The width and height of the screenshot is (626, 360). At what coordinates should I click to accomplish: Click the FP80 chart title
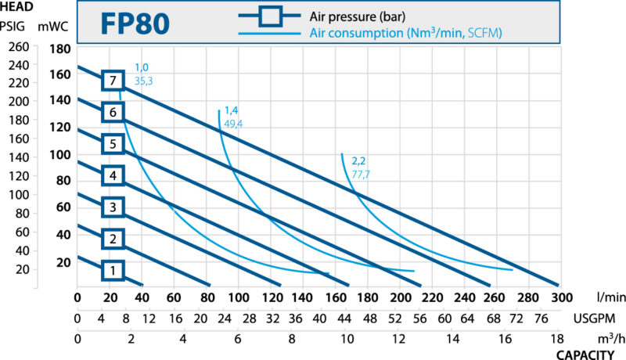tap(135, 23)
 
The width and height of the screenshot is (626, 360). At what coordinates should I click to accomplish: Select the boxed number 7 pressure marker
tap(113, 81)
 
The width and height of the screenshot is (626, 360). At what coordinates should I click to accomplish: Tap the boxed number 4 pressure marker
tap(113, 175)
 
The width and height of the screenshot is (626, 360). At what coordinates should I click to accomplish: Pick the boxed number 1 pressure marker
tap(113, 270)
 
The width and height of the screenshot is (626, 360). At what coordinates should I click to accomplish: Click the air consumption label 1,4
tap(231, 110)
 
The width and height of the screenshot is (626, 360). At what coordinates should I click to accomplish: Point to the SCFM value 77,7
tap(361, 175)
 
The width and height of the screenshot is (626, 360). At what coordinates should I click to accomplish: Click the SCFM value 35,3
tap(143, 81)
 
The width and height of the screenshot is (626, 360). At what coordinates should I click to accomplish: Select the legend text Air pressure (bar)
tap(358, 16)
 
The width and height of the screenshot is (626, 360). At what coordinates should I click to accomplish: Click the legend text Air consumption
tap(357, 33)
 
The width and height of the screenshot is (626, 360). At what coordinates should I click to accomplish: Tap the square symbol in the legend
tap(270, 16)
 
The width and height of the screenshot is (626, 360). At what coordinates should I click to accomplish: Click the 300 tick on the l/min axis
tap(561, 297)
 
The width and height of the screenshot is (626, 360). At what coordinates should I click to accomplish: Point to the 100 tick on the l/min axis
tap(239, 297)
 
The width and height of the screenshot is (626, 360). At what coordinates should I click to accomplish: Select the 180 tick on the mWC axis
tap(60, 49)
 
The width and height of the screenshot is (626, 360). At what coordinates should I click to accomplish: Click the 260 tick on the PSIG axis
tap(19, 47)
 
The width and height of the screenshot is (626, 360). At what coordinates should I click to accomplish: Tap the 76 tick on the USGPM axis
tap(541, 319)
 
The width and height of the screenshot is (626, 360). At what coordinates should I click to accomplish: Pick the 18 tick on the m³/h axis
tap(557, 339)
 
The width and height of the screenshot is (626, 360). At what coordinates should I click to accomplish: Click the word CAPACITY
tap(585, 355)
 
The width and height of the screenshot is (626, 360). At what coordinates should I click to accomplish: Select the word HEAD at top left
tap(16, 6)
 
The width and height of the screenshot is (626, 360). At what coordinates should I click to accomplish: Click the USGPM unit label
tap(595, 319)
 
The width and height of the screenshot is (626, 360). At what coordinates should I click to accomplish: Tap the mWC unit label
tap(53, 27)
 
